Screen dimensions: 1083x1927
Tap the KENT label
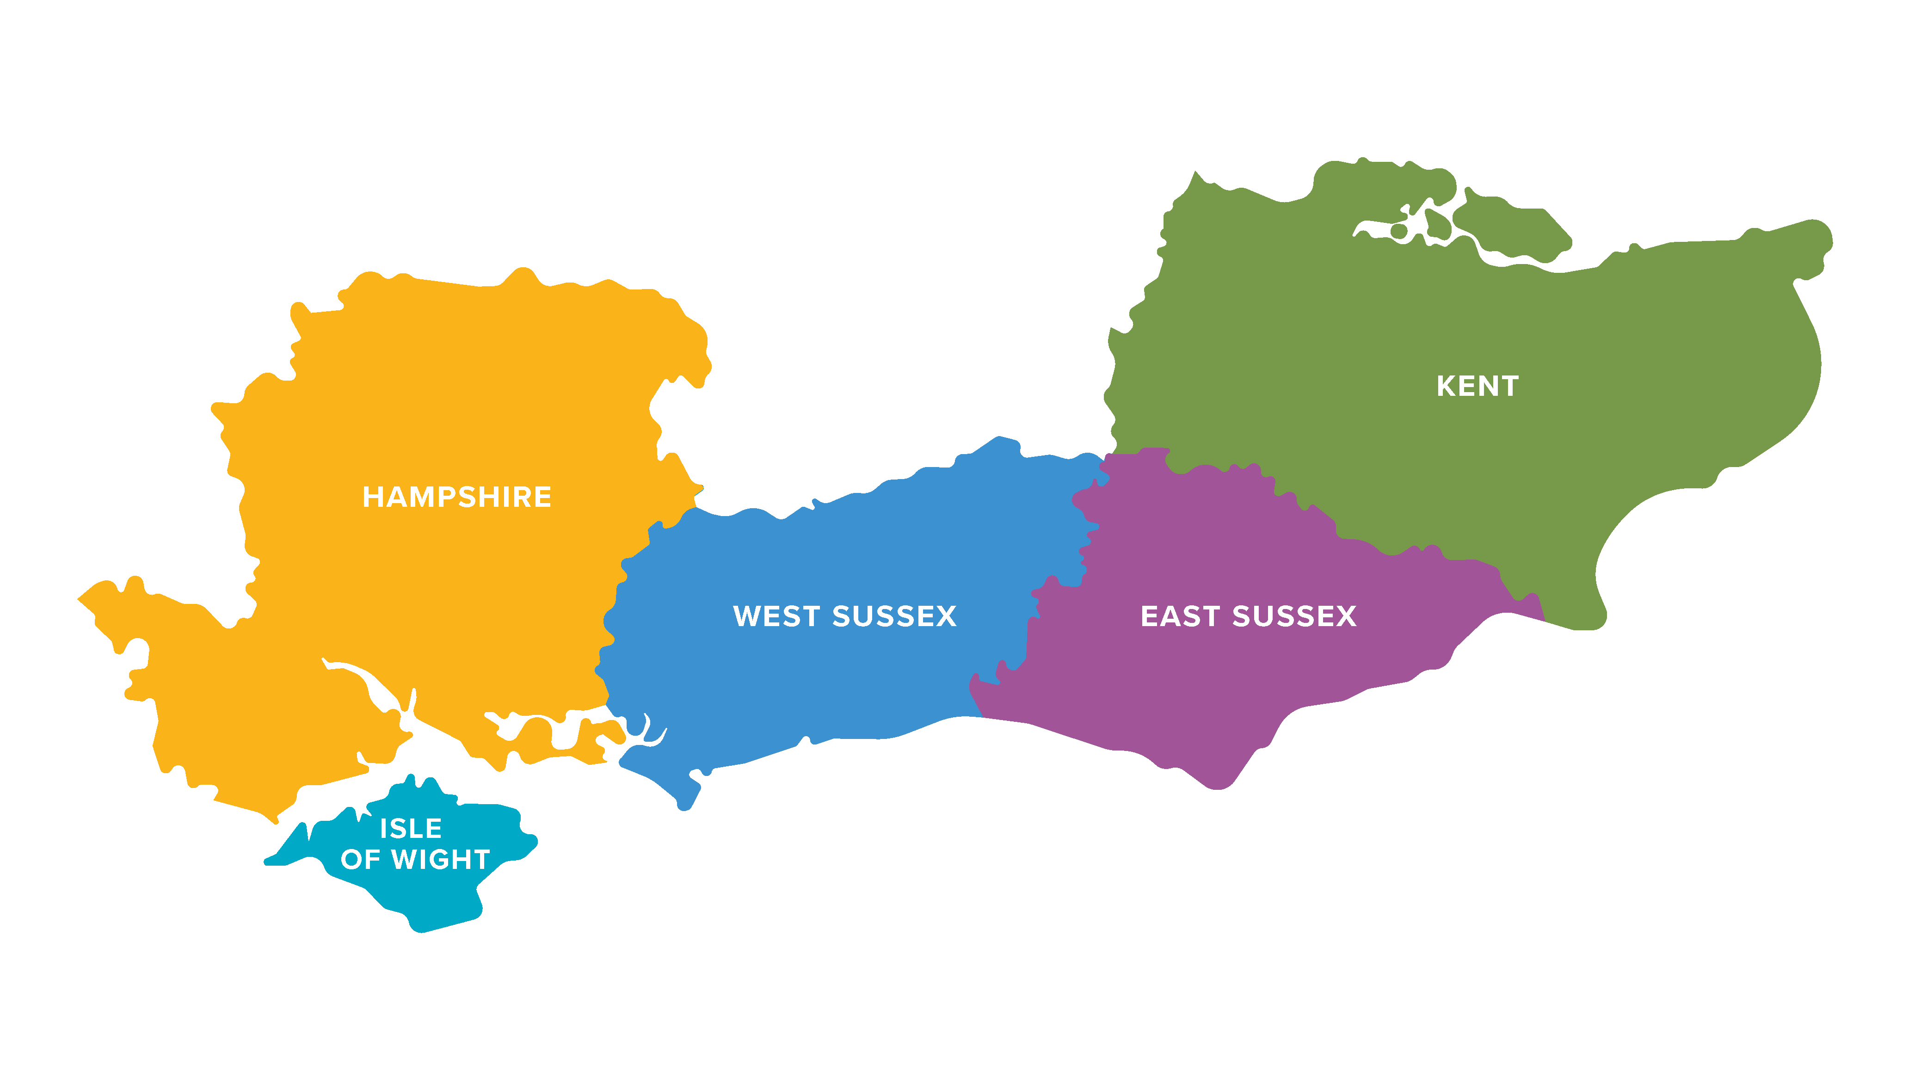pos(1478,387)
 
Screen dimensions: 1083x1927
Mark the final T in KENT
pos(1509,387)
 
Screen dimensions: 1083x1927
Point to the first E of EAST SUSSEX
pos(1149,616)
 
